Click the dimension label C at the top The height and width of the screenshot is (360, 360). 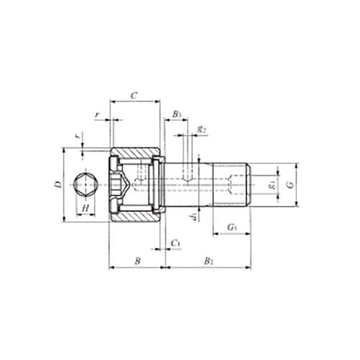pyautogui.click(x=134, y=95)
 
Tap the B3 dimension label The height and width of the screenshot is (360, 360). pyautogui.click(x=177, y=114)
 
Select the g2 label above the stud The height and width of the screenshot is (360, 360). pyautogui.click(x=202, y=130)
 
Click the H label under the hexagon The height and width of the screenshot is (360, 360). pyautogui.click(x=85, y=209)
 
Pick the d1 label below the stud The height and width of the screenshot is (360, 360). pyautogui.click(x=193, y=215)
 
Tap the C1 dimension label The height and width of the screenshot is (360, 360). pyautogui.click(x=176, y=244)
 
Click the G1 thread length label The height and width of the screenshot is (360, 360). pyautogui.click(x=232, y=228)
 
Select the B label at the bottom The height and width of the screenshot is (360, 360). pyautogui.click(x=137, y=261)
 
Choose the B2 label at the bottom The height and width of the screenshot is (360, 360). pyautogui.click(x=208, y=261)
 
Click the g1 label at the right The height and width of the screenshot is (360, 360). pyautogui.click(x=271, y=184)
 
